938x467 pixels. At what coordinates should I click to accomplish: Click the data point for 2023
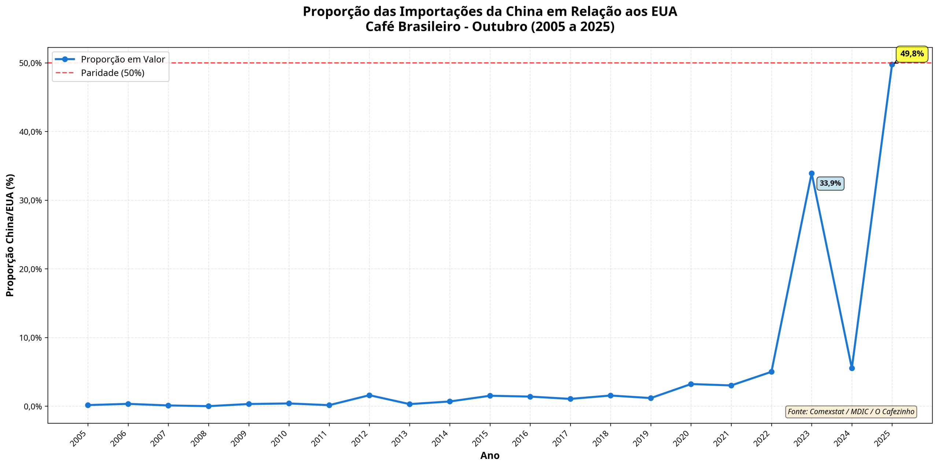click(811, 173)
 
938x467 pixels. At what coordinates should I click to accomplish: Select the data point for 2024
click(852, 368)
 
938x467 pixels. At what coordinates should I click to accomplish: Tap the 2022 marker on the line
click(771, 372)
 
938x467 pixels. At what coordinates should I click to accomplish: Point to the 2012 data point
click(369, 395)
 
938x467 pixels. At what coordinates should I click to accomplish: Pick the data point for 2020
click(691, 384)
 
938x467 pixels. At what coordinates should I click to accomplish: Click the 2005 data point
click(88, 405)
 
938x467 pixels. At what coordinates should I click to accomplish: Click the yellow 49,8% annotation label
click(912, 54)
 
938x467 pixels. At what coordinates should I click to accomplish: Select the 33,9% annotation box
click(830, 183)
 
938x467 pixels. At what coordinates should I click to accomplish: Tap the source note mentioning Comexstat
click(851, 412)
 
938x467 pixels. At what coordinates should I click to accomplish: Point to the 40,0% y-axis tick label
click(30, 132)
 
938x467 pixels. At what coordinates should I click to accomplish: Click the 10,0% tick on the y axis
click(30, 338)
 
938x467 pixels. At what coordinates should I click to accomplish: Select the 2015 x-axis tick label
click(481, 438)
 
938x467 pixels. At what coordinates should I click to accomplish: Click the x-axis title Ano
click(490, 456)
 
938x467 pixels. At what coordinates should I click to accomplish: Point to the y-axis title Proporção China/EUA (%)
click(10, 235)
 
